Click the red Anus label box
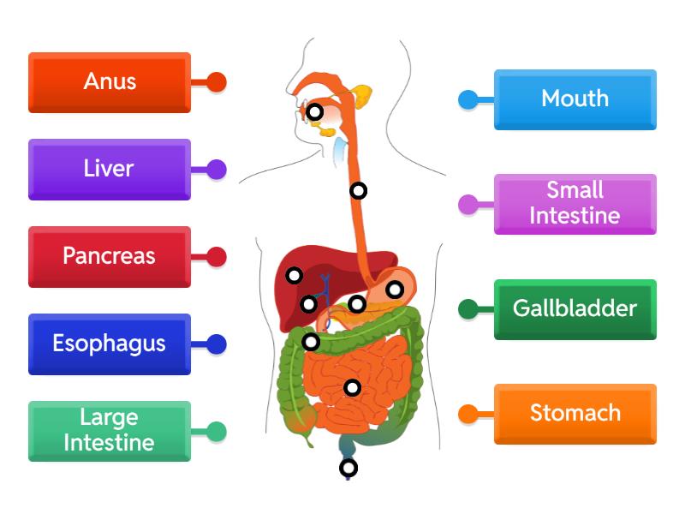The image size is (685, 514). (110, 82)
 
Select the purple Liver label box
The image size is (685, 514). (110, 170)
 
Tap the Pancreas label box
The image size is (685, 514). (110, 256)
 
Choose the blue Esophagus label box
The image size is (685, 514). (110, 344)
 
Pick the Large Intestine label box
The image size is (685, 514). (110, 431)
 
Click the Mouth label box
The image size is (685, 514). (575, 99)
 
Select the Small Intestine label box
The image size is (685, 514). (575, 204)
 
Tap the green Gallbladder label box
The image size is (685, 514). (575, 309)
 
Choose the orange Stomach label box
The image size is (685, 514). (575, 414)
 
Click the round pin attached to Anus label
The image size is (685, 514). (217, 82)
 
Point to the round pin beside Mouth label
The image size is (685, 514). (468, 99)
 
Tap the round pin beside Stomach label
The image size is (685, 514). (468, 414)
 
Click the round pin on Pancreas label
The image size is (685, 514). (217, 256)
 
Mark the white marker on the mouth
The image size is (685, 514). (315, 111)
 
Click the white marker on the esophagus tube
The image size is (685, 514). (359, 191)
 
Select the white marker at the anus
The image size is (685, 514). (348, 468)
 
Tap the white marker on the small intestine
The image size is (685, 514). (352, 388)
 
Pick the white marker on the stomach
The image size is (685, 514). (394, 290)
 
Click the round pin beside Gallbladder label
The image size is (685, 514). (468, 309)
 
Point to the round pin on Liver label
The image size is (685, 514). (217, 170)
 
